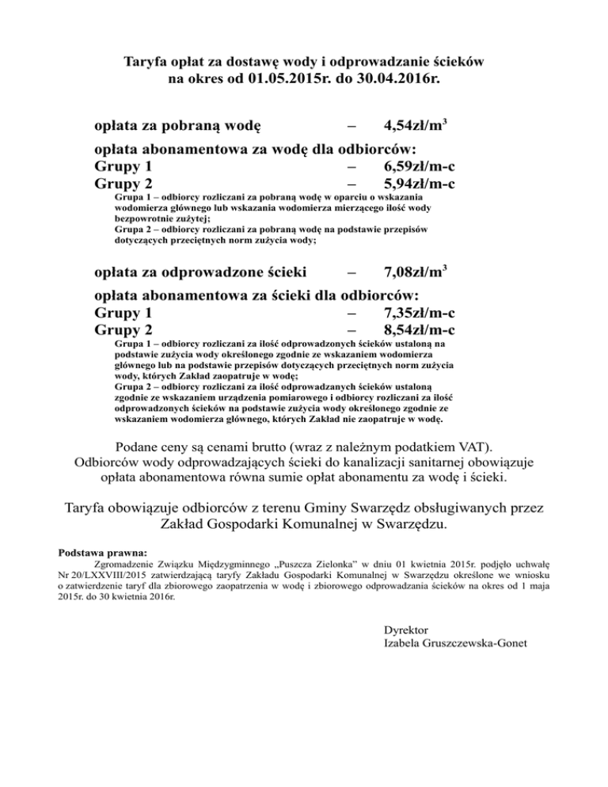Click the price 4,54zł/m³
tap(417, 125)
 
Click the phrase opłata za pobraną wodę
tap(179, 125)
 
